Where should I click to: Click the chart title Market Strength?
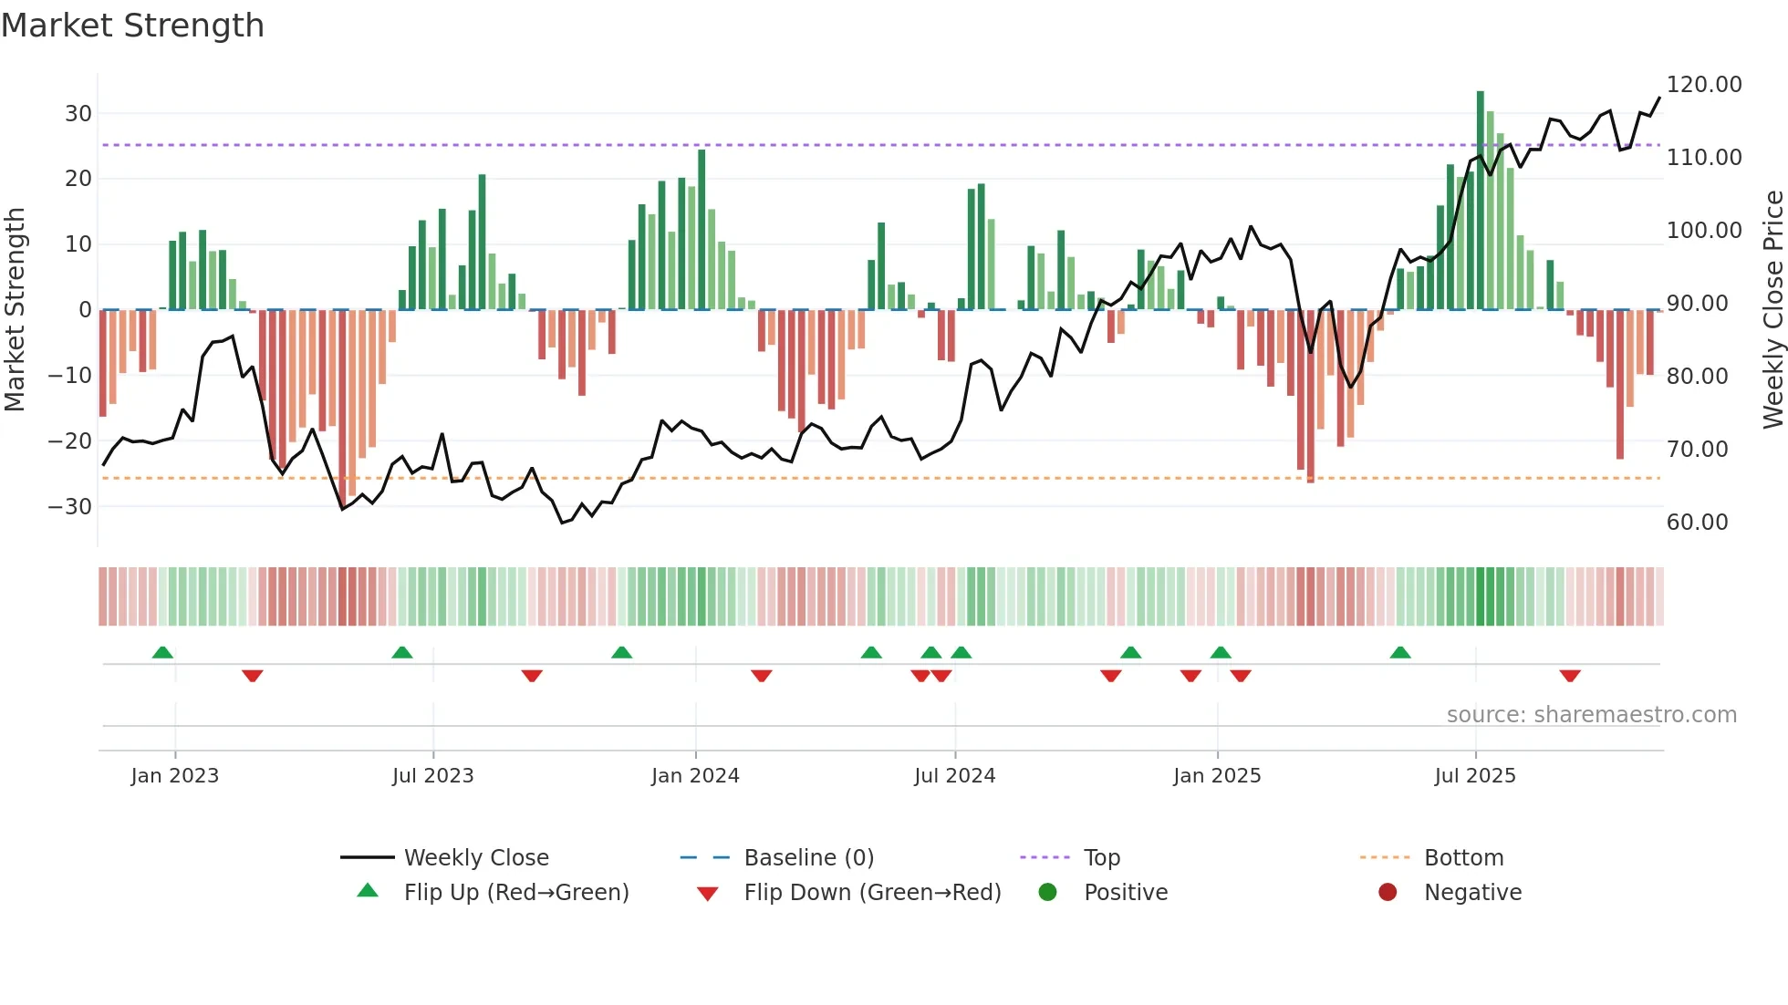pos(132,26)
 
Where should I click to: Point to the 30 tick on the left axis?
pos(78,114)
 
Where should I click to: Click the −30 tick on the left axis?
pos(71,507)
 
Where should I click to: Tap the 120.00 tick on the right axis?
pos(1703,85)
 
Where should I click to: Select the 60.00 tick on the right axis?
pos(1697,523)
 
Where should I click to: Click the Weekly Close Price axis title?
pos(1772,310)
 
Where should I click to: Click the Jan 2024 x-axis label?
pos(695,776)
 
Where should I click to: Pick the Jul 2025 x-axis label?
pos(1474,776)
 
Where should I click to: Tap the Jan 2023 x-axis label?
pos(174,776)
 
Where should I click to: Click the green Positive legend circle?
pos(1047,893)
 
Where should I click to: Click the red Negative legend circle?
pos(1388,893)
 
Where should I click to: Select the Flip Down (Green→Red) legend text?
pos(872,893)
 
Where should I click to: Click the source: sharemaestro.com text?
pos(1591,715)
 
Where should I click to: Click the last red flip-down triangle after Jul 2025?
pos(1569,676)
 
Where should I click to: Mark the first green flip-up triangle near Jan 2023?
pos(162,652)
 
